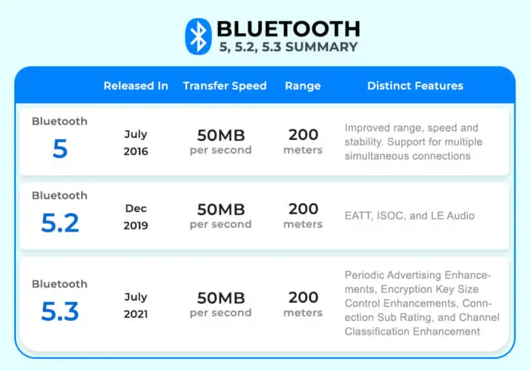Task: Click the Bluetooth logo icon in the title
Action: pos(198,36)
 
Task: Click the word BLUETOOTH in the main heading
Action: pos(288,29)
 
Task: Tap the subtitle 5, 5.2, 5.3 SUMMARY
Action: pos(288,47)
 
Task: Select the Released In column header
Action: pos(136,86)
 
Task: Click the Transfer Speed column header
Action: pos(225,86)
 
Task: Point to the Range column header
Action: pos(303,86)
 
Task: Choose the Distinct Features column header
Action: pos(415,86)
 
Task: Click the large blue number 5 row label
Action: pos(60,148)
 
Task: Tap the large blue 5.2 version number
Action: pos(60,223)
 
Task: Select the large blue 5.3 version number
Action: pos(60,311)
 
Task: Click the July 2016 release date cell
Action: pos(136,142)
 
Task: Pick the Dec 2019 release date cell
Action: pos(136,217)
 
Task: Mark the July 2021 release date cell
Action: pos(136,305)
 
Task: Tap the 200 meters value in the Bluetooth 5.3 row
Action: pos(303,304)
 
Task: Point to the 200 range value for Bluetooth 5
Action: pos(303,135)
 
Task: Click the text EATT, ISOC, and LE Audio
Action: pos(410,216)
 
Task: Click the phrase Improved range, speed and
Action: pos(411,128)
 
